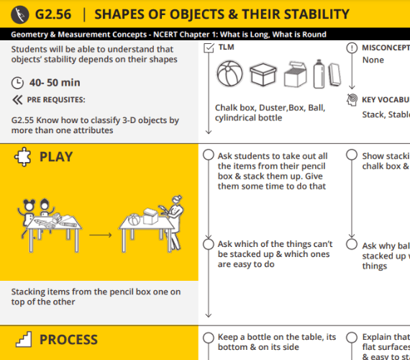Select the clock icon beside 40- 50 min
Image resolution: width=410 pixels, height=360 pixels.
point(18,83)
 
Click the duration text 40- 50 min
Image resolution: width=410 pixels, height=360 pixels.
point(55,83)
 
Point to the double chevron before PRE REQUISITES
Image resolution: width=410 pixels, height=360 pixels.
point(18,100)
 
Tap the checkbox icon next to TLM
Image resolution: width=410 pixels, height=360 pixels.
point(209,48)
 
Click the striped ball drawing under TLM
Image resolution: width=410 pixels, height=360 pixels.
point(230,74)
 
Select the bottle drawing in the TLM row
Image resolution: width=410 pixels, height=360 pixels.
point(319,73)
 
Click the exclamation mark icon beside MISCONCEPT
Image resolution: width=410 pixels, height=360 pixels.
point(351,48)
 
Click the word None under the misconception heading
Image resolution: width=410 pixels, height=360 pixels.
point(373,60)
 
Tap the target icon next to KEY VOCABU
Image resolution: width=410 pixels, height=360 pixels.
point(351,99)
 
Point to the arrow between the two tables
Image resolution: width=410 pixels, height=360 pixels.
point(100,234)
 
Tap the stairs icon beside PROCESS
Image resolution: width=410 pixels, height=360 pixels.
point(23,339)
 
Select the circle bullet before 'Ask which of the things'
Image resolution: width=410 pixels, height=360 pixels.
point(209,245)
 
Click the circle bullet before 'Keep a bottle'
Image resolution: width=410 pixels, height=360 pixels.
point(209,338)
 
